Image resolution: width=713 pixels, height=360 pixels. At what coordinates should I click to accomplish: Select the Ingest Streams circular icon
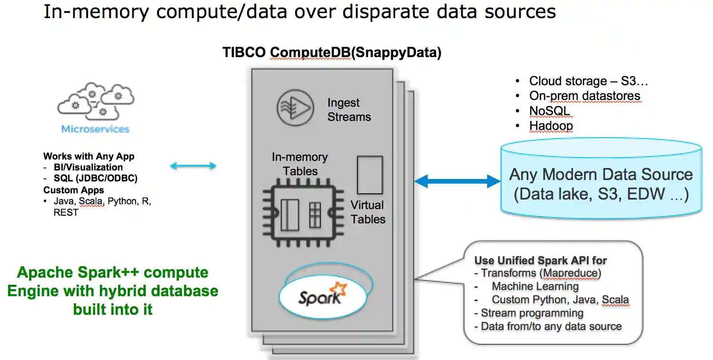pos(295,109)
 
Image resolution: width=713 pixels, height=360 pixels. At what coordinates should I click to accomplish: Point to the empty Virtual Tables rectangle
pos(369,175)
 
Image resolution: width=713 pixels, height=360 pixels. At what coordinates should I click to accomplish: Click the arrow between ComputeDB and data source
pos(457,181)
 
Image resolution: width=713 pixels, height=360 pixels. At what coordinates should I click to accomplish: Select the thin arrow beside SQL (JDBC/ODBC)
pos(193,166)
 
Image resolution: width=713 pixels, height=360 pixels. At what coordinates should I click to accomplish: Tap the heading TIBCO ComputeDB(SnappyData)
pos(332,53)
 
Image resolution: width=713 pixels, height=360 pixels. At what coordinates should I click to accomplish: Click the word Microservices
pos(95,129)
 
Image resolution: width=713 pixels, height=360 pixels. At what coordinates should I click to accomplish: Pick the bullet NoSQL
pos(549,111)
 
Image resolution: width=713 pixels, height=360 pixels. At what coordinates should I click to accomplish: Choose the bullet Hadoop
pos(551,126)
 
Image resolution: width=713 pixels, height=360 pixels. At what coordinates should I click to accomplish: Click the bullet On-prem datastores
pos(584,96)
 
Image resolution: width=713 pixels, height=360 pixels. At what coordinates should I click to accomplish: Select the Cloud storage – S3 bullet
pos(588,81)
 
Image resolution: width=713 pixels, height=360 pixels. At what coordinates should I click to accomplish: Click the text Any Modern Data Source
pos(601,174)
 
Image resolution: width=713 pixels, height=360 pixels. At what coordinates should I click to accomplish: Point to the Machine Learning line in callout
pos(535,286)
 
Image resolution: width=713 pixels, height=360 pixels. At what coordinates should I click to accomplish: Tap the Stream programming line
pos(532,313)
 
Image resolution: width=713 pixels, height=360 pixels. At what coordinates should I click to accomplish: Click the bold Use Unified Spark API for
pos(540,260)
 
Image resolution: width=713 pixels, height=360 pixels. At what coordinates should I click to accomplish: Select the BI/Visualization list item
pos(88,167)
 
